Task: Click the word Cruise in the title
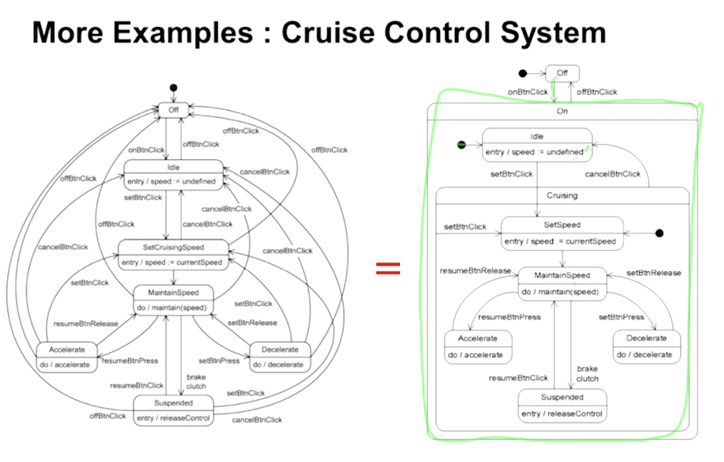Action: point(328,32)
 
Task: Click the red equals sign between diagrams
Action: point(388,268)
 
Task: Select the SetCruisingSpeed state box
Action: point(173,255)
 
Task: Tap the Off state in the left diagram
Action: point(174,110)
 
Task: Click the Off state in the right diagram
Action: point(562,73)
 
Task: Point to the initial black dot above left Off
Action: point(174,88)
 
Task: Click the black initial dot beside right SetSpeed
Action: point(660,233)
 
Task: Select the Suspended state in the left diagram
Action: point(174,410)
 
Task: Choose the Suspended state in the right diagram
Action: point(562,405)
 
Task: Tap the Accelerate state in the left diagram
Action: point(67,357)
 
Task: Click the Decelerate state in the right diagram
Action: point(647,347)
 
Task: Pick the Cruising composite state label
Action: point(562,195)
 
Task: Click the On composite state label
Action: point(562,111)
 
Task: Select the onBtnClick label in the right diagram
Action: point(528,92)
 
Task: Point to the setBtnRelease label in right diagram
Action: point(654,273)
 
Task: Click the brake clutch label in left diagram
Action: point(196,381)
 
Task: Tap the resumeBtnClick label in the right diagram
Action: point(518,378)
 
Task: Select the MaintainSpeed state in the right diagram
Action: point(562,284)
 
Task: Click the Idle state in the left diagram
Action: point(174,175)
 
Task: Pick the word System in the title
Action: point(553,33)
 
